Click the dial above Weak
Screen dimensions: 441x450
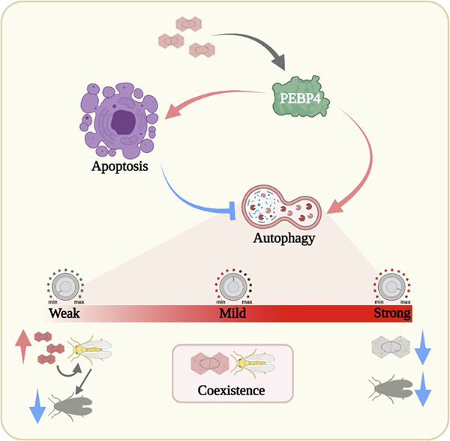67,286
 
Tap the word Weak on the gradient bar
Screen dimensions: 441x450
65,313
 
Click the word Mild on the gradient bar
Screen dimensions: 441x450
235,313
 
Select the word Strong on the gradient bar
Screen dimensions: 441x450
391,313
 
